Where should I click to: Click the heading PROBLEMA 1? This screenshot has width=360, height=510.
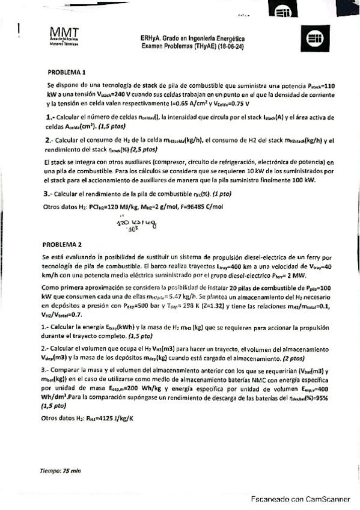tap(67, 71)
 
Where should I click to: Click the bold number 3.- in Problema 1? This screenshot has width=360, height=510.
tap(50, 194)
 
